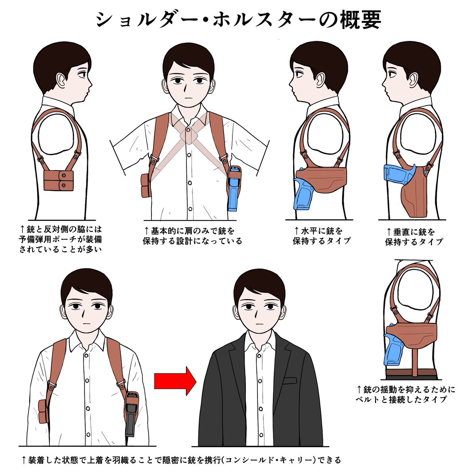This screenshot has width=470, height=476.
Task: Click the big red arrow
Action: (x=175, y=381)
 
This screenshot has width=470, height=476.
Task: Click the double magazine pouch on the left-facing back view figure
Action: (x=59, y=180)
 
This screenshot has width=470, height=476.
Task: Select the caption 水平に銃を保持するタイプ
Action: (x=322, y=236)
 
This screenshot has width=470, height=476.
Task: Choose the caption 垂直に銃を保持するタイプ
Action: (x=414, y=237)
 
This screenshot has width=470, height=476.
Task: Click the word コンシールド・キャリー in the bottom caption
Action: (x=270, y=460)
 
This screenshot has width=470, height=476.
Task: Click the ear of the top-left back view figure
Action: (x=61, y=80)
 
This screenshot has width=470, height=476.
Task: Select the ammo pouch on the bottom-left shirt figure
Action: (x=43, y=411)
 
